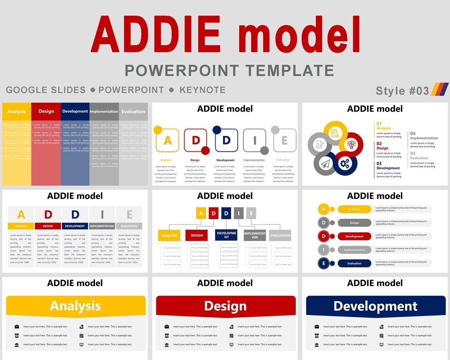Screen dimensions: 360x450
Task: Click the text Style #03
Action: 402,91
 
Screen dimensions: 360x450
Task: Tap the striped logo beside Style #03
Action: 440,90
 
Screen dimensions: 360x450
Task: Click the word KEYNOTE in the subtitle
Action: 202,90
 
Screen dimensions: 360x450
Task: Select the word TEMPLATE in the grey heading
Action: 290,70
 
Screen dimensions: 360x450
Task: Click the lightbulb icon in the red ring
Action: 351,144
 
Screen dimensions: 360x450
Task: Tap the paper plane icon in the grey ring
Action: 325,164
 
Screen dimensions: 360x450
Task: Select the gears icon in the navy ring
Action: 345,164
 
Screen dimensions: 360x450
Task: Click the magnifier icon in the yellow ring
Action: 335,133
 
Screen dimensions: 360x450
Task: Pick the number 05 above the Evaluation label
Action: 412,153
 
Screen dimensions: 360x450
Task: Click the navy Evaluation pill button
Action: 354,263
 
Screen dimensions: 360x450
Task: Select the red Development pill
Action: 354,236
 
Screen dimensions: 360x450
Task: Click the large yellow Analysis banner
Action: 76,305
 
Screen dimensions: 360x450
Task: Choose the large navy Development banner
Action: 375,306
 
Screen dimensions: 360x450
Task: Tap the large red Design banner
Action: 225,305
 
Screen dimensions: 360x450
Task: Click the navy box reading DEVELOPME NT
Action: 226,235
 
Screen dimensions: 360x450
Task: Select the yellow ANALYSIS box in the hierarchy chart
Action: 169,235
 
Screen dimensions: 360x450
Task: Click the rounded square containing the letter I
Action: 255,140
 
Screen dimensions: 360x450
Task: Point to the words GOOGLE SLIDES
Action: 46,90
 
